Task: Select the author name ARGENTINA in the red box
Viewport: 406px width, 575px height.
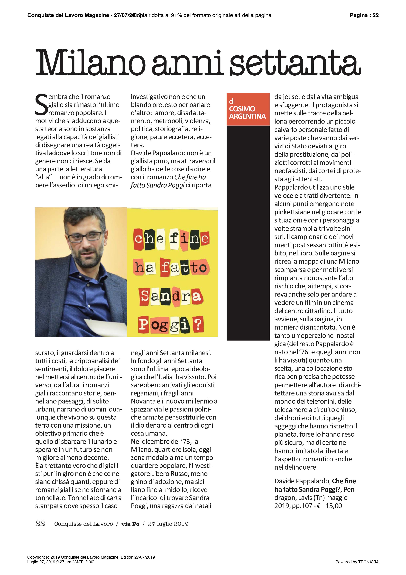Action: [247, 116]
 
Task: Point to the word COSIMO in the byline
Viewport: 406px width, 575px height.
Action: [242, 109]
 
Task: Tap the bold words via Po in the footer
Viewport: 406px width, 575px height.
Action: [130, 524]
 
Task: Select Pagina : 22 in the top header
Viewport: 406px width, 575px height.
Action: [364, 15]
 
